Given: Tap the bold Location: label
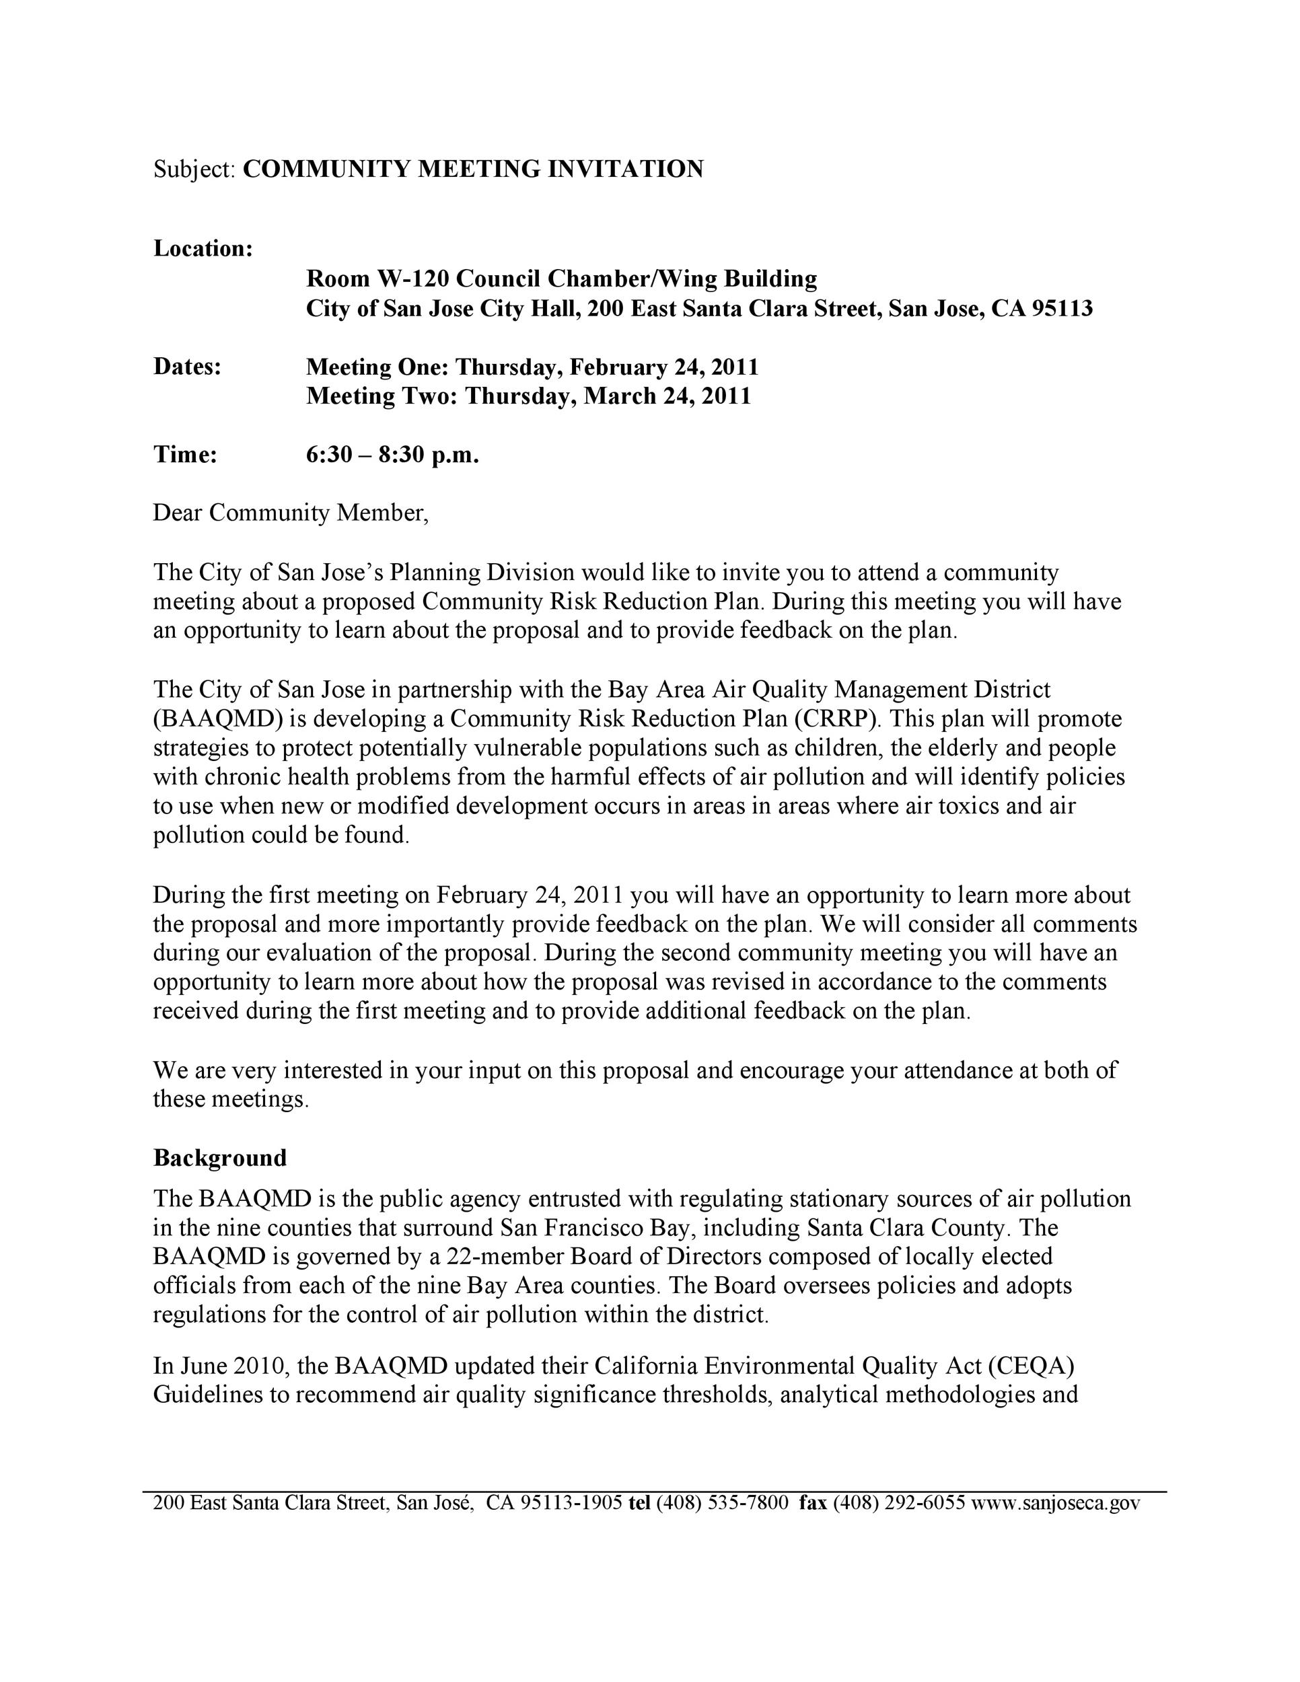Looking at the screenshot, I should pos(203,249).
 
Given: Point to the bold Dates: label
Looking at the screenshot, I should pos(187,367).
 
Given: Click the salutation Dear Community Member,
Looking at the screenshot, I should pos(290,512).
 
